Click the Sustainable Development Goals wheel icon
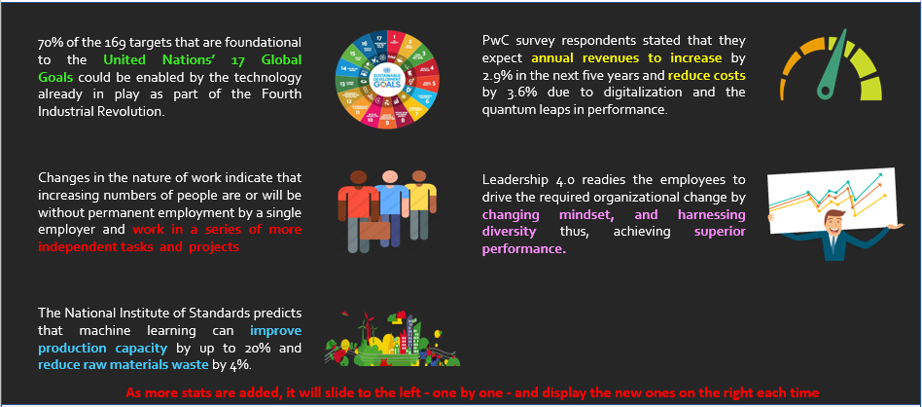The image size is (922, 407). (x=386, y=79)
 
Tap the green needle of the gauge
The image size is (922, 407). (x=833, y=65)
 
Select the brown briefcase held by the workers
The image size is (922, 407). (x=374, y=229)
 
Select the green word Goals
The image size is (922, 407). (x=55, y=77)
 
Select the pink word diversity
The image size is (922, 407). (x=510, y=232)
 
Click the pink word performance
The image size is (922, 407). (x=524, y=249)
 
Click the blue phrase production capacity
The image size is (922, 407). (x=103, y=348)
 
